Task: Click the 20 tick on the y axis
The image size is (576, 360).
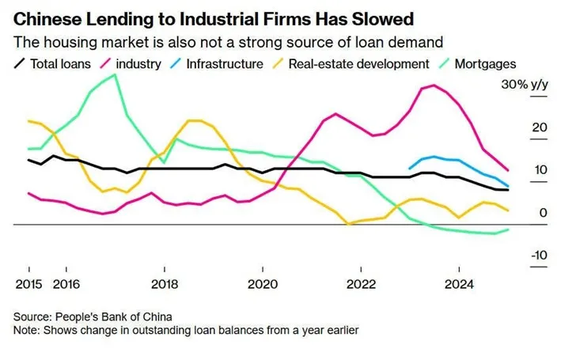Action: [x=540, y=127]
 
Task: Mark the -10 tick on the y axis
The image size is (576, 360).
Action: [x=538, y=255]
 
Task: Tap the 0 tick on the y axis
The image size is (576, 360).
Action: [x=543, y=212]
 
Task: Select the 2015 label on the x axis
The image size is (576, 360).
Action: [x=28, y=283]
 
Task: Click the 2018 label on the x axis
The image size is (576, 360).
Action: [x=165, y=283]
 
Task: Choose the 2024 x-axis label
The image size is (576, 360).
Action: [x=460, y=283]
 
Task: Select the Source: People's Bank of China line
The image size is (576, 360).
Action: [x=93, y=316]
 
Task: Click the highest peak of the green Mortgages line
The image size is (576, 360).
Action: [x=116, y=74]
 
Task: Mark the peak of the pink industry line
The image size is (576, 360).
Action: [x=434, y=85]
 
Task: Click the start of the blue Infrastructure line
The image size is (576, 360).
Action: [x=408, y=168]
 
